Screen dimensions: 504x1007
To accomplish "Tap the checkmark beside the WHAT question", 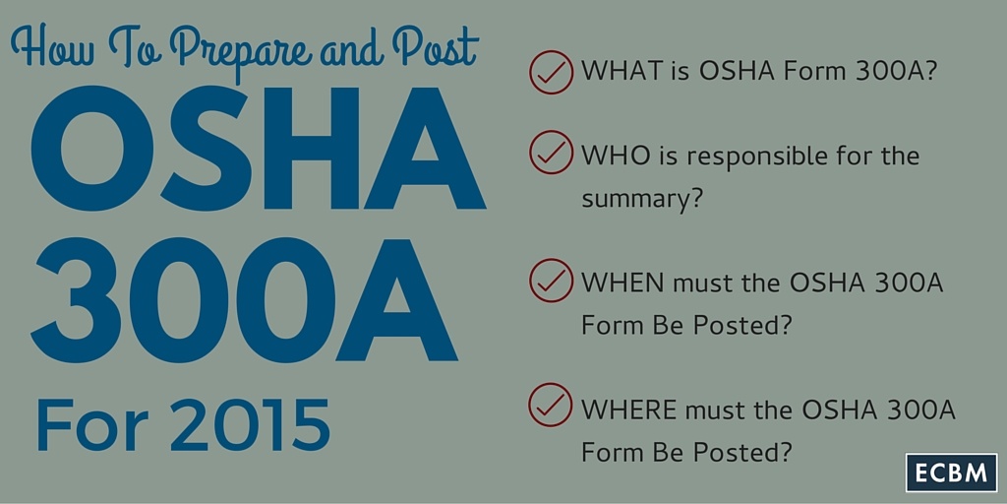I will tap(551, 73).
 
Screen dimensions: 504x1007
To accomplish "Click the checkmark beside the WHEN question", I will tap(551, 281).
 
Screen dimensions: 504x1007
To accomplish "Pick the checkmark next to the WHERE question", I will tap(551, 405).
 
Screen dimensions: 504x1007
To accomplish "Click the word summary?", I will tap(641, 199).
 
